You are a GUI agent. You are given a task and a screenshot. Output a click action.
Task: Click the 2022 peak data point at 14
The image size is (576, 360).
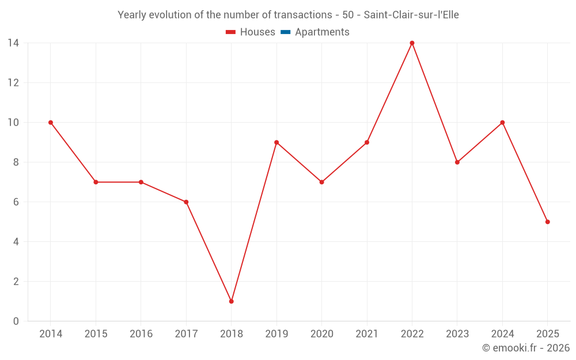click(412, 43)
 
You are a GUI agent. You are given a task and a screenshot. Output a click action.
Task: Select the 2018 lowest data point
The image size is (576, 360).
click(231, 301)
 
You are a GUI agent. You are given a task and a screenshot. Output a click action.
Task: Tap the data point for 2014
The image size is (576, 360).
click(51, 122)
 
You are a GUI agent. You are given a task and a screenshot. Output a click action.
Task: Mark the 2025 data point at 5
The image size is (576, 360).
click(547, 222)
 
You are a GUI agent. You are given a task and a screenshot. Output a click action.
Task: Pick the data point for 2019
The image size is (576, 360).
click(276, 142)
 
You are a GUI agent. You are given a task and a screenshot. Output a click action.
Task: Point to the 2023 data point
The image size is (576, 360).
click(457, 162)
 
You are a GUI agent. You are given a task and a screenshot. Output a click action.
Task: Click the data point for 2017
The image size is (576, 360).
click(186, 202)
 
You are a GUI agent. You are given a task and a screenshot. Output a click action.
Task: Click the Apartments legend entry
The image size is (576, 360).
click(321, 32)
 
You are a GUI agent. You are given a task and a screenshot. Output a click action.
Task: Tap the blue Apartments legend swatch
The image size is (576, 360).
click(285, 32)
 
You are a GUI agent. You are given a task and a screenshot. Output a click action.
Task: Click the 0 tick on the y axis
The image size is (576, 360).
click(16, 321)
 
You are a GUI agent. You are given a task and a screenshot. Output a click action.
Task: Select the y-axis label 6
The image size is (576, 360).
click(16, 202)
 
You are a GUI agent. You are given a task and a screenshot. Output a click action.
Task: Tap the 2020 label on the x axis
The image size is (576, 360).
click(321, 334)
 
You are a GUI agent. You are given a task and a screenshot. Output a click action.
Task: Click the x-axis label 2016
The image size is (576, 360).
click(141, 334)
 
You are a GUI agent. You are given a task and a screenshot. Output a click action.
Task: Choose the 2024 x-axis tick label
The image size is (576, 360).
click(502, 334)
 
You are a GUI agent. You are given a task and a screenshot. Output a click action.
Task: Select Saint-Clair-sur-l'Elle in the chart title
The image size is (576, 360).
click(411, 15)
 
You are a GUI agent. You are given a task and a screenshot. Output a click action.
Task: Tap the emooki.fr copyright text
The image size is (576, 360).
click(526, 348)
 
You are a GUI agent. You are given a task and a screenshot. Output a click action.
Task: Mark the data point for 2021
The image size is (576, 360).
click(367, 142)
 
